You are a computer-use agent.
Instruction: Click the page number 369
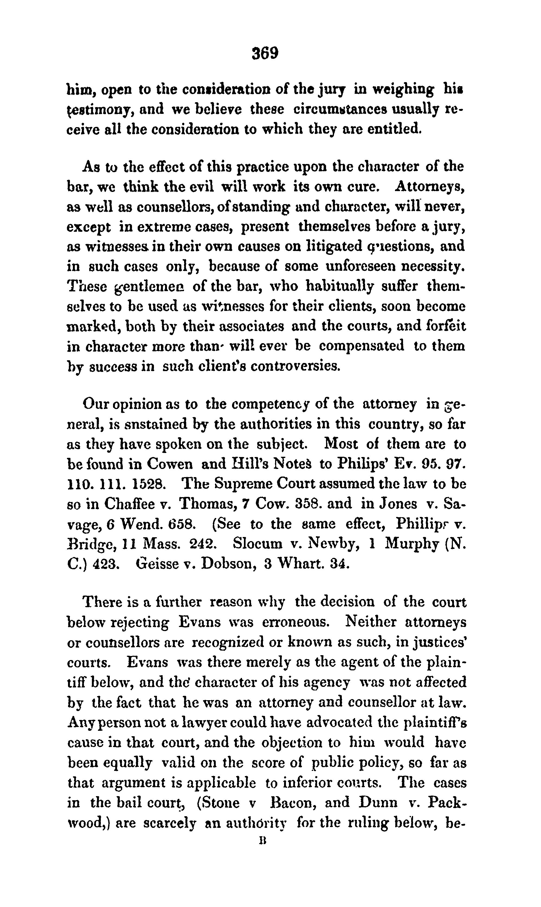(265, 53)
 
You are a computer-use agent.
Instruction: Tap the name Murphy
(411, 544)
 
